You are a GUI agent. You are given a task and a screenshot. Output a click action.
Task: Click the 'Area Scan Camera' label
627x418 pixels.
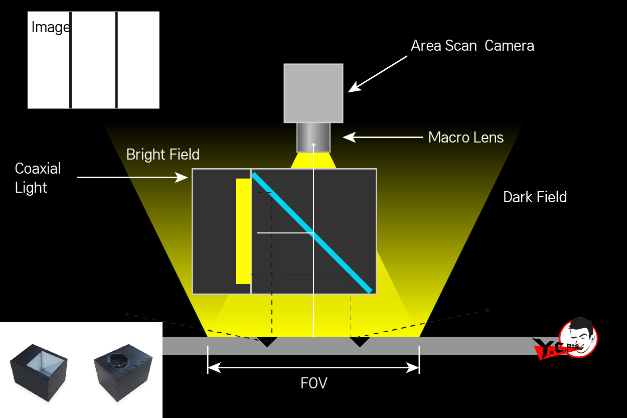tap(472, 46)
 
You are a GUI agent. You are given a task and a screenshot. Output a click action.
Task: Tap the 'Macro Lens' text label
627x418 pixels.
tap(465, 137)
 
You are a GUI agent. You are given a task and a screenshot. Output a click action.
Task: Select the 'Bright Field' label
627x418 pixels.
tap(163, 154)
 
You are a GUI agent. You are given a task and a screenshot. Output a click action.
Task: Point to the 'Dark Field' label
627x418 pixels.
tap(535, 197)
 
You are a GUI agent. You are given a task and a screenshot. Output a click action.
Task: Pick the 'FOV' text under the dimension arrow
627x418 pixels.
tap(314, 383)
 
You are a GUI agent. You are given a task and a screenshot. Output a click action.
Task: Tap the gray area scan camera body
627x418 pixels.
tap(313, 93)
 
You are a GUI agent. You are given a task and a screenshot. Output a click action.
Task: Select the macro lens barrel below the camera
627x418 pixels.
tap(313, 137)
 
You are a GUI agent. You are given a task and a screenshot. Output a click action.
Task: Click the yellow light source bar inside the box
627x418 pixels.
tap(243, 231)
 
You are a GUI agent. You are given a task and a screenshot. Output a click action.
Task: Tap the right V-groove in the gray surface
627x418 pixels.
tap(359, 342)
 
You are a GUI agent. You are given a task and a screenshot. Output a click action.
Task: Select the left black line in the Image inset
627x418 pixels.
tap(71, 60)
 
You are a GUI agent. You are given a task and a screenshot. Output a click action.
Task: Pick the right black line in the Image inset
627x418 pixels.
tap(116, 60)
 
